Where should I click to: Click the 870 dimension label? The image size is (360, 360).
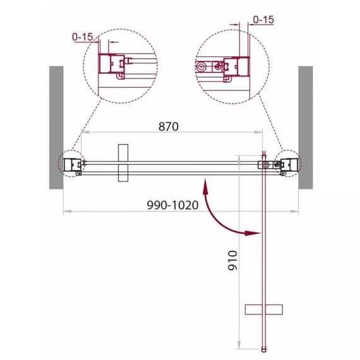(x=168, y=126)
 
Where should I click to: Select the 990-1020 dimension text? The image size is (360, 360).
(x=172, y=205)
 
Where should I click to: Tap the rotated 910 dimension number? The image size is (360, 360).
(x=232, y=260)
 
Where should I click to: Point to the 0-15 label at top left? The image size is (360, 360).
(x=83, y=37)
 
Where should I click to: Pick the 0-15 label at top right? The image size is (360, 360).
(x=263, y=20)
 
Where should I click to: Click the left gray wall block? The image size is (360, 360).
(x=56, y=128)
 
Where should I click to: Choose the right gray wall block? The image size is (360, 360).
(x=306, y=128)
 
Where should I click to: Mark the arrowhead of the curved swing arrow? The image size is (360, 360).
(x=253, y=233)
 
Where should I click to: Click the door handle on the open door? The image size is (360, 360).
(x=264, y=309)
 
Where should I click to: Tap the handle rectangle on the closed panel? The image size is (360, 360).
(x=123, y=163)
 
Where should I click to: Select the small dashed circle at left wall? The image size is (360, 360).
(x=71, y=164)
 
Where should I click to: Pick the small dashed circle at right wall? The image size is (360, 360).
(x=288, y=164)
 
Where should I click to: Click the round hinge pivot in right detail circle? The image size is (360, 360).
(x=201, y=67)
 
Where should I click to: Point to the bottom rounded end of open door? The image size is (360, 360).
(x=264, y=349)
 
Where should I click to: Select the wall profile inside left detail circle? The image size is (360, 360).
(x=112, y=64)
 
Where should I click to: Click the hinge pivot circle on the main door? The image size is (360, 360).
(x=266, y=165)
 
